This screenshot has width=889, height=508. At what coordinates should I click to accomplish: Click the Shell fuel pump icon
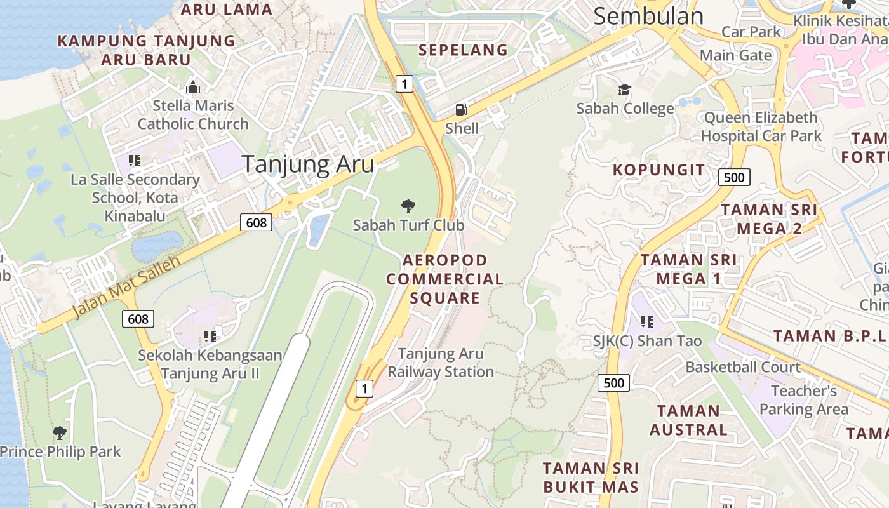(x=462, y=110)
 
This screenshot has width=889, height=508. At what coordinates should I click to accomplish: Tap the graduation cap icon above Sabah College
(x=625, y=90)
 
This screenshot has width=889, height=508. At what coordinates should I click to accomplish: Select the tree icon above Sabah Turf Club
(x=408, y=206)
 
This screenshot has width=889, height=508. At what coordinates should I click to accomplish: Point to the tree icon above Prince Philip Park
(x=60, y=433)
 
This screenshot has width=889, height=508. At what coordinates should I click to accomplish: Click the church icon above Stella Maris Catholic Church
(x=192, y=87)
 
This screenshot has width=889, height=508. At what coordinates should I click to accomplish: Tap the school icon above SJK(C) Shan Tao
(x=646, y=322)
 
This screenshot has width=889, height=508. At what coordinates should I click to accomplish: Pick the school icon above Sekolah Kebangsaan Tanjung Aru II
(x=210, y=336)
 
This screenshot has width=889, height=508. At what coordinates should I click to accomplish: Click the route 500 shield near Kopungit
(x=734, y=177)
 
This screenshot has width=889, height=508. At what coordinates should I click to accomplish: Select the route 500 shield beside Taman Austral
(x=613, y=382)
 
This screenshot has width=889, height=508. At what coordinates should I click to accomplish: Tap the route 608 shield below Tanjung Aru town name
(x=257, y=222)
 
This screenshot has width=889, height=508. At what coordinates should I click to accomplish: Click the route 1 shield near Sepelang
(x=404, y=83)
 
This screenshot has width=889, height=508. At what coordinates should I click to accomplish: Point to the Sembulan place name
(x=648, y=17)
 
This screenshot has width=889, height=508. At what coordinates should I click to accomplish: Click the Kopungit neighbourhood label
(x=658, y=170)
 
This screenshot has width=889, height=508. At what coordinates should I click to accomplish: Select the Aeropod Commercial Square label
(x=444, y=279)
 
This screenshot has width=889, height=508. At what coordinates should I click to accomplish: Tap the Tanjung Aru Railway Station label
(x=441, y=363)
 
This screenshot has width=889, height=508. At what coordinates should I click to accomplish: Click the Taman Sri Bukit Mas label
(x=590, y=478)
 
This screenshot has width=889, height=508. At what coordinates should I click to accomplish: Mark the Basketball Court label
(x=743, y=367)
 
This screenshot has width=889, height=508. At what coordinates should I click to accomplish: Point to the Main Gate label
(x=736, y=55)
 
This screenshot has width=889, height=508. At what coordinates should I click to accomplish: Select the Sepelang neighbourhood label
(x=464, y=50)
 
